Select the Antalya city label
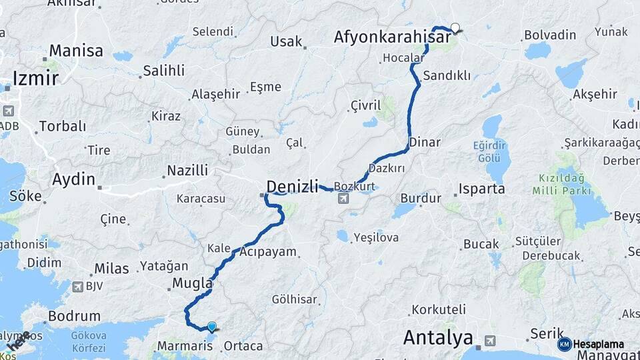(x=438, y=338)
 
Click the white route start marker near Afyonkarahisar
(x=455, y=28)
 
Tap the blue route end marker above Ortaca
(x=212, y=327)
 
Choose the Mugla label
(x=192, y=283)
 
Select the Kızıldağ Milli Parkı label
(x=562, y=185)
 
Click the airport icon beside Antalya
(x=490, y=340)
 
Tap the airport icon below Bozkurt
(x=343, y=198)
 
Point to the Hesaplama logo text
(x=598, y=345)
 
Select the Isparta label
(x=481, y=189)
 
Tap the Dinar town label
(x=424, y=142)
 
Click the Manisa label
(x=76, y=51)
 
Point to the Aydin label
(x=73, y=179)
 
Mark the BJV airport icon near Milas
(x=77, y=286)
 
